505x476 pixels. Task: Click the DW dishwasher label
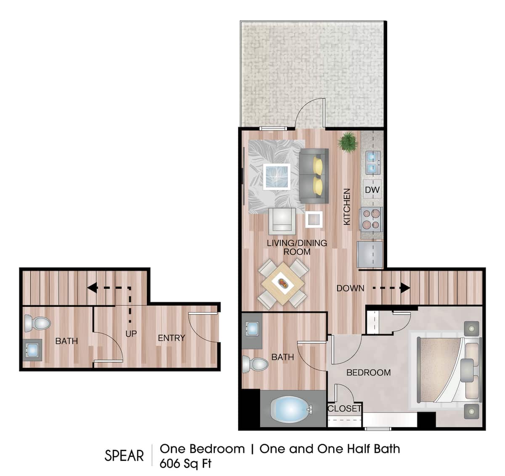pos(372,189)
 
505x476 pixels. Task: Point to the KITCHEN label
pos(347,207)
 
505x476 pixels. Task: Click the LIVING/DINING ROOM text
pos(297,247)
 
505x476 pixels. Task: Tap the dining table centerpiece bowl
pos(283,283)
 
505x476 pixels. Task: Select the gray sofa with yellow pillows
pos(314,176)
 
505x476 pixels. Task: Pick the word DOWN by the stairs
pos(351,288)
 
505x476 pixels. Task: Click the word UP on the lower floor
pos(131,333)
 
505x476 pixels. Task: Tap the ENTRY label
pos(171,338)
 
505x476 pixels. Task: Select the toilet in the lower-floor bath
pos(37,323)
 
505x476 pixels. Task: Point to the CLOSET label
pos(344,408)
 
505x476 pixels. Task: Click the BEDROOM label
pos(369,372)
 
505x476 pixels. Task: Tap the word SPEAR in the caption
pos(124,455)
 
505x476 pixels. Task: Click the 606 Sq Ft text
pos(186,463)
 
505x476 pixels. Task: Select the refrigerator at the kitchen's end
pos(370,254)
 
